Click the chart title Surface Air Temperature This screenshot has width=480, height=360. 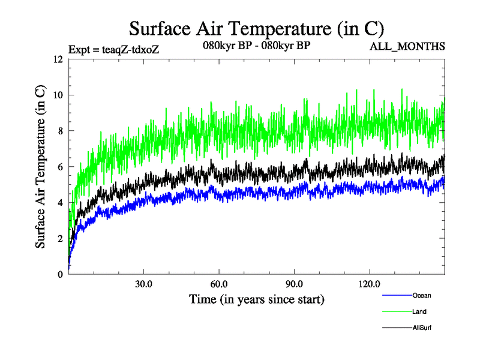point(257,28)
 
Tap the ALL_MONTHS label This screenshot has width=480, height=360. point(409,46)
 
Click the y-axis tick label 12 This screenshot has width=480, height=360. point(57,59)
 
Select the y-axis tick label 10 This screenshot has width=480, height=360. point(57,95)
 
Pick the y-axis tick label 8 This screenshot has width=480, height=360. point(59,131)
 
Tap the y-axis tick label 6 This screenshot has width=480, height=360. point(59,167)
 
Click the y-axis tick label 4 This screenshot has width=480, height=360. point(59,203)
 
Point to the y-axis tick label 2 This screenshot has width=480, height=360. point(59,239)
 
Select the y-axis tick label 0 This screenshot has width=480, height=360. point(59,274)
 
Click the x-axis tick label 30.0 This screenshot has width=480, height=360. point(143,284)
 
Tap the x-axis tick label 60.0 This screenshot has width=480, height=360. point(219,284)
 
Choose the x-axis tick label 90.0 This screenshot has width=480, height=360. point(294,284)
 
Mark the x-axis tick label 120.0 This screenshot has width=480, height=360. point(369,284)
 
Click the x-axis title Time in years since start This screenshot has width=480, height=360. point(257,299)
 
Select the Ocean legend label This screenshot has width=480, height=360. point(421,295)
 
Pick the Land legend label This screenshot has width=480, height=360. point(419,311)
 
